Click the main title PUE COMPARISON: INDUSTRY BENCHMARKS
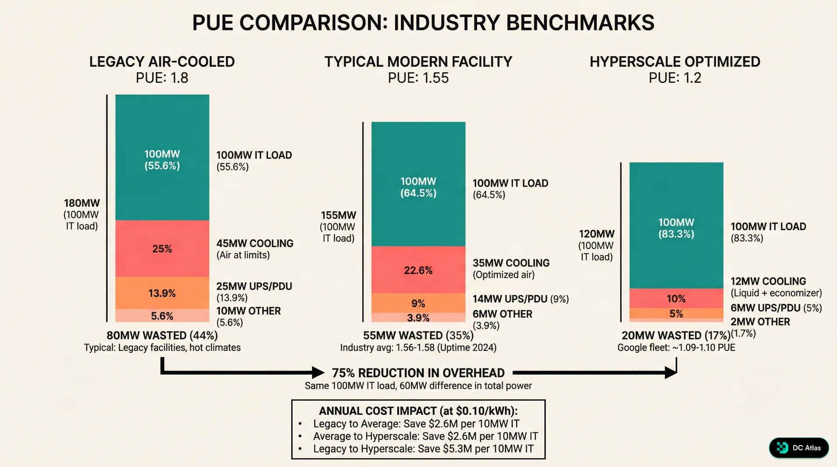click(423, 23)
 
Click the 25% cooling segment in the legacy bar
click(162, 249)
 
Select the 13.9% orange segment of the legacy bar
click(162, 293)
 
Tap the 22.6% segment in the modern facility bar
click(418, 270)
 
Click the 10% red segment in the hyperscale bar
click(676, 299)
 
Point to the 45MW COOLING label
click(255, 244)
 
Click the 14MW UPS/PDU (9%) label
click(521, 299)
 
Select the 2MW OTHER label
click(760, 322)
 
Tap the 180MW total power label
click(82, 203)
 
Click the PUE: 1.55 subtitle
click(418, 78)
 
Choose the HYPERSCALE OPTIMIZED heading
click(675, 62)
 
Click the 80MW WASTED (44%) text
click(162, 335)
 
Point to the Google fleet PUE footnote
click(676, 348)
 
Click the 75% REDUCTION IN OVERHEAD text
click(418, 373)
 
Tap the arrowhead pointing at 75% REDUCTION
click(318, 372)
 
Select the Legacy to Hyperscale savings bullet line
click(423, 449)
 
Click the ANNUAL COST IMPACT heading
click(418, 411)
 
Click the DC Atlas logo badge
click(799, 448)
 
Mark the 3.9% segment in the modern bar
click(418, 318)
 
